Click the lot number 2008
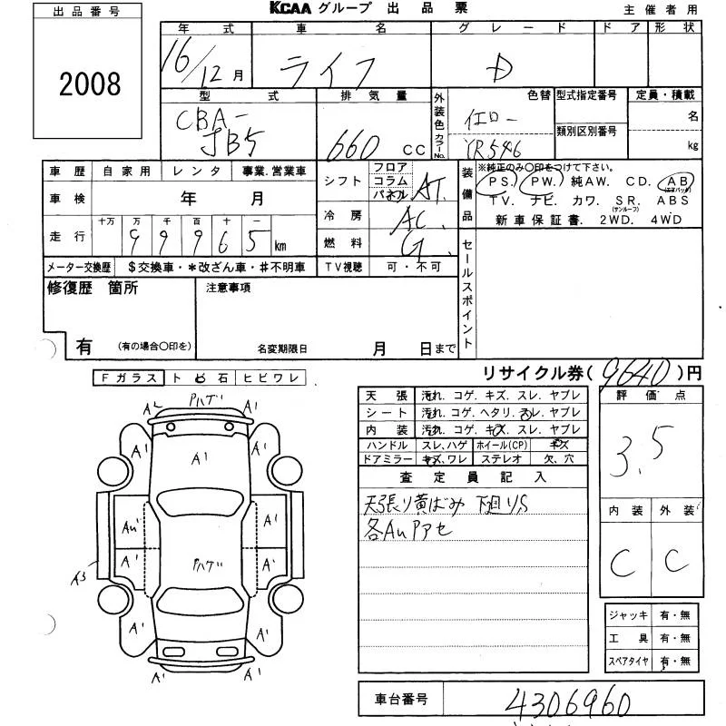click(x=89, y=84)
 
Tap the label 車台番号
click(x=403, y=700)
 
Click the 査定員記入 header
click(x=472, y=477)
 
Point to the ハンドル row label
click(x=387, y=446)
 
